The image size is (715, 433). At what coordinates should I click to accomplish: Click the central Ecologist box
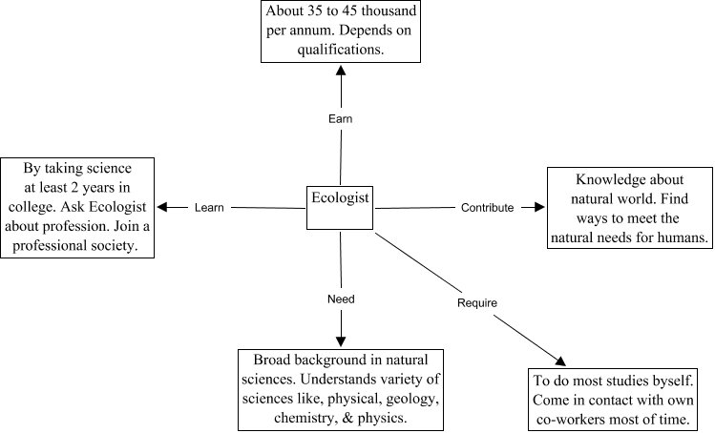[340, 206]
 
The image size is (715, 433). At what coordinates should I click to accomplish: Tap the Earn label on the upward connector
[340, 118]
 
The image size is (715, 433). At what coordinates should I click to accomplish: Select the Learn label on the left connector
[209, 207]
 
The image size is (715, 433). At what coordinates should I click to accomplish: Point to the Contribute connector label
[487, 207]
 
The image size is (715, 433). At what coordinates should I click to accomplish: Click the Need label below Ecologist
[341, 299]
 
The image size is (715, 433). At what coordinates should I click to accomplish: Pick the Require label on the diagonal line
[477, 302]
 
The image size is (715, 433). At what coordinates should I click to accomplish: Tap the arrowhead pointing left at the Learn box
[163, 207]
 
